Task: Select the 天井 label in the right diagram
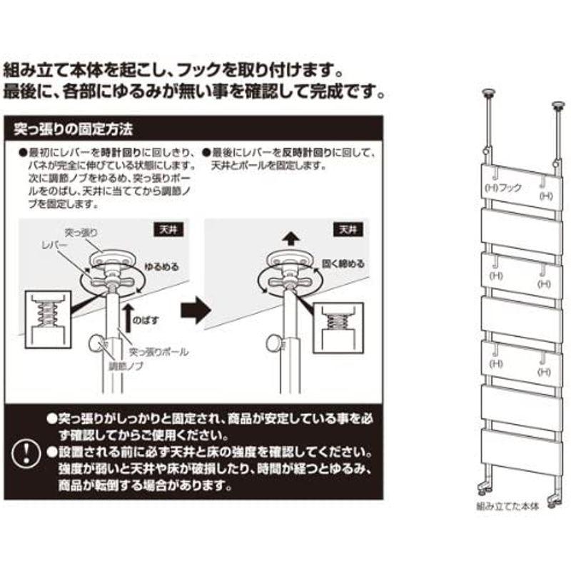pos(348,230)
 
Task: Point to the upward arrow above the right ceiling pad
pos(289,237)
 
